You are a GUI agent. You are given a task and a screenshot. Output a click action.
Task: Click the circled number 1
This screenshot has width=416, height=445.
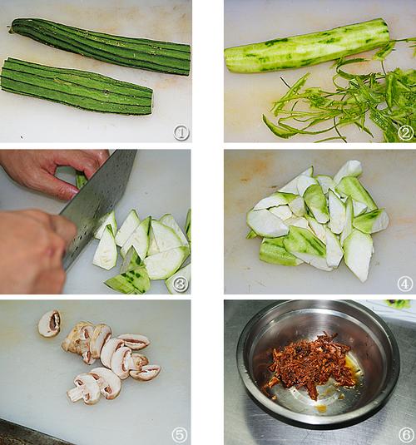tap(181, 132)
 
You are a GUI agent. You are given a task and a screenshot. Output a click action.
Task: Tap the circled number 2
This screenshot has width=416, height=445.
tap(405, 132)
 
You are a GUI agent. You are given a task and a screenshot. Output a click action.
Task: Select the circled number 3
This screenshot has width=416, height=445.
tap(181, 284)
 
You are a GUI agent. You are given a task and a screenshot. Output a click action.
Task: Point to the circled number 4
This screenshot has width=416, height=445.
tap(405, 284)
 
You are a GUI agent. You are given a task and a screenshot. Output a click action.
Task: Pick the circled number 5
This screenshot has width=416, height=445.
tap(180, 435)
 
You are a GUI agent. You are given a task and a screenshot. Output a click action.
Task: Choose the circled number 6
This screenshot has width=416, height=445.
tap(407, 435)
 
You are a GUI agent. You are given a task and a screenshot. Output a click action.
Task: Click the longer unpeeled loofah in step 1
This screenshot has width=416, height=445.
tap(99, 46)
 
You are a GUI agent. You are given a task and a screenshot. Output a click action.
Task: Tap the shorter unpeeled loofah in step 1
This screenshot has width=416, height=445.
tap(77, 87)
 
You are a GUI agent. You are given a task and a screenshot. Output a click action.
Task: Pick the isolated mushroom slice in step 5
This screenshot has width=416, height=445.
tap(49, 324)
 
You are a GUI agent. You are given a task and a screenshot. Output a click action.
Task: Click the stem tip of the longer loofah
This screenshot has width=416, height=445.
tap(10, 28)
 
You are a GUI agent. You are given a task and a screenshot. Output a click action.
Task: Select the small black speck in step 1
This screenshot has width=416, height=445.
tap(22, 136)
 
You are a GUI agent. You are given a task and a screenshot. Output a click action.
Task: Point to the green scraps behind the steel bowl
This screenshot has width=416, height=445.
tap(399, 304)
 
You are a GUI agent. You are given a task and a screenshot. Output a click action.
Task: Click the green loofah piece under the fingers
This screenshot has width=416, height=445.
tap(81, 180)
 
